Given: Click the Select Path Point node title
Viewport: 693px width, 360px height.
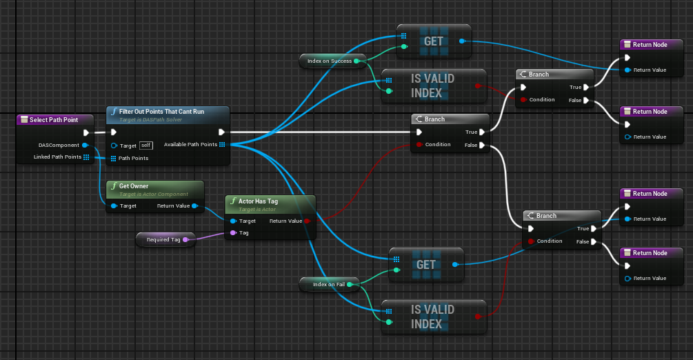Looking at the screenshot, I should point(53,120).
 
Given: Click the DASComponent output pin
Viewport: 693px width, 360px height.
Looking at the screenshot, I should point(85,146).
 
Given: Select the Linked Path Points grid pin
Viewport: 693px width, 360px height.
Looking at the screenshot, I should point(86,158).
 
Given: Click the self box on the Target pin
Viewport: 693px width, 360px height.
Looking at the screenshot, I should point(145,146).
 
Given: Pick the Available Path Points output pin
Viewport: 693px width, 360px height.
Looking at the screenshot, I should point(223,145).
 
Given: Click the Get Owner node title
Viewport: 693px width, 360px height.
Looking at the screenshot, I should point(134,186).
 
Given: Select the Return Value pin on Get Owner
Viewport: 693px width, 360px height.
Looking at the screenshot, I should point(195,206).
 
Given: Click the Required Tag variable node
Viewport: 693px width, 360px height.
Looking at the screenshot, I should point(165,239).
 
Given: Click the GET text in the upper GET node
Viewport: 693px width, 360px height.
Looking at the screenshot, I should point(434,41).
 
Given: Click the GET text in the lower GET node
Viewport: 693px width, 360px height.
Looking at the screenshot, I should point(426,265).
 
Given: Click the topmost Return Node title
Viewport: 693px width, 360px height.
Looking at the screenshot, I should point(650,45).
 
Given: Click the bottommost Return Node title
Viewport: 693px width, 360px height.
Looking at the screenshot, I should point(650,253).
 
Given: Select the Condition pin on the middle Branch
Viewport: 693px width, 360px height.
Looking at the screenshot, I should point(418,145).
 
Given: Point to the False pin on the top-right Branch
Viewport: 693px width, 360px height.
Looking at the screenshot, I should point(586,100).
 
